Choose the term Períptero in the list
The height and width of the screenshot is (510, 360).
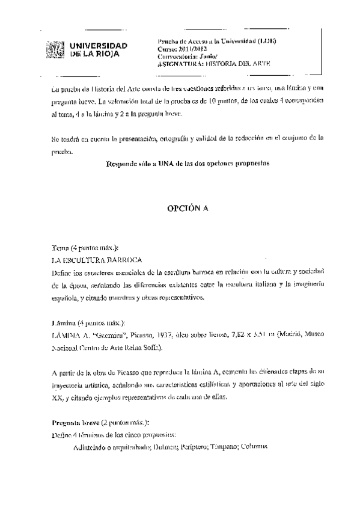click(x=193, y=447)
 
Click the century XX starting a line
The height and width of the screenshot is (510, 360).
click(x=57, y=398)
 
